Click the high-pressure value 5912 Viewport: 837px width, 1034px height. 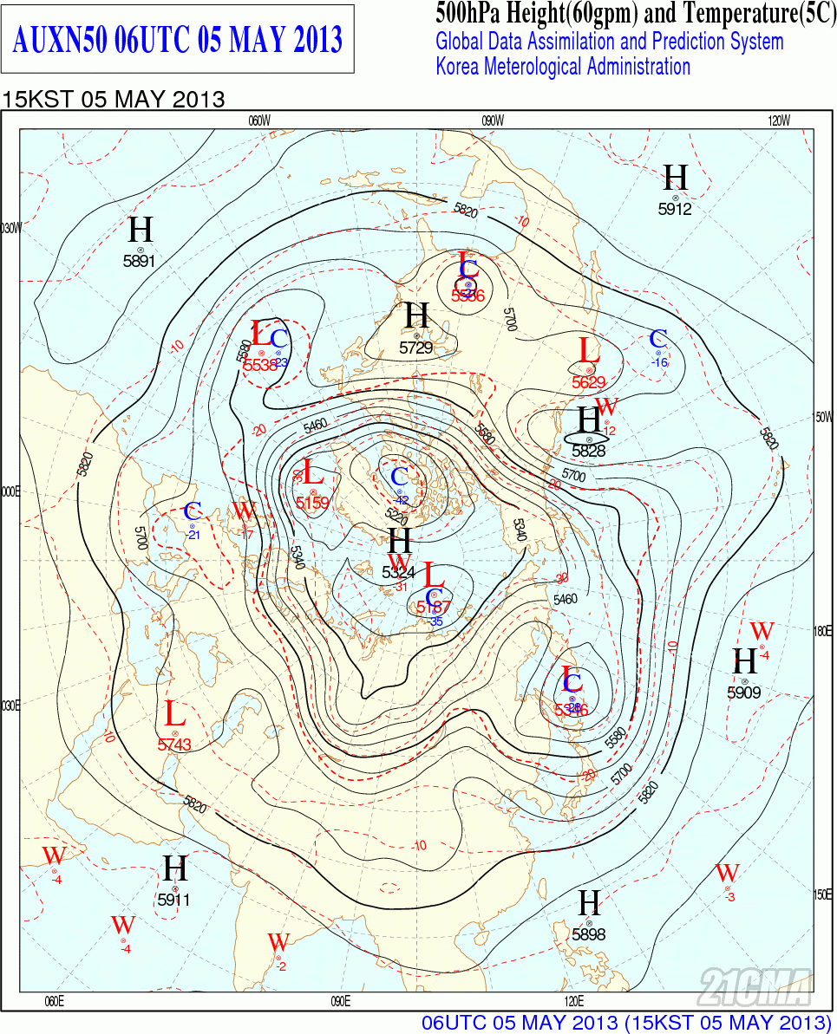[675, 209]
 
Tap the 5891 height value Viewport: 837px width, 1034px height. [140, 260]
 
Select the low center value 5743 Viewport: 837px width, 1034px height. [174, 744]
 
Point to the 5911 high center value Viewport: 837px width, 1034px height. [174, 900]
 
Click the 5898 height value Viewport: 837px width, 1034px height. [589, 934]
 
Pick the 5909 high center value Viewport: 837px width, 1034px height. [744, 693]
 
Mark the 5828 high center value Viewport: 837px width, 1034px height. [589, 451]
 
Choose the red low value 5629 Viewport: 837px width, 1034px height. [589, 381]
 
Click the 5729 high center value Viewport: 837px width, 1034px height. [416, 348]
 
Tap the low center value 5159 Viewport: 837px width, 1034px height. [312, 503]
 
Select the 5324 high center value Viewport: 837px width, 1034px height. [399, 572]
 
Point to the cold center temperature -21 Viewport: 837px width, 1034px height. [193, 535]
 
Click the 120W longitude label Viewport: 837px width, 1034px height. [779, 121]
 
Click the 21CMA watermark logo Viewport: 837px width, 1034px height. [755, 985]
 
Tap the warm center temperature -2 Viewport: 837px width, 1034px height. [280, 966]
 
